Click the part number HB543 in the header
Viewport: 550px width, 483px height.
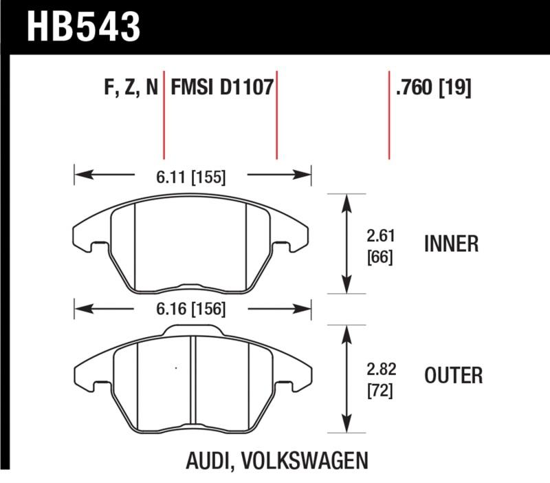tap(83, 27)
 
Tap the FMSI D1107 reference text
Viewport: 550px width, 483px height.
tap(222, 89)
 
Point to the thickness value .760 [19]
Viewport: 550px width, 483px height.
tap(433, 89)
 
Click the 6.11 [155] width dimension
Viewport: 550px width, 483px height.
tap(192, 177)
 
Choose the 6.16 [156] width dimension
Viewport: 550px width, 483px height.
tap(192, 309)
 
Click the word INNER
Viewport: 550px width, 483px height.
tap(452, 244)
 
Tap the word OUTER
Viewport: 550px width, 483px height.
tap(454, 376)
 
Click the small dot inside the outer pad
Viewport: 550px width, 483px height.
tap(176, 369)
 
